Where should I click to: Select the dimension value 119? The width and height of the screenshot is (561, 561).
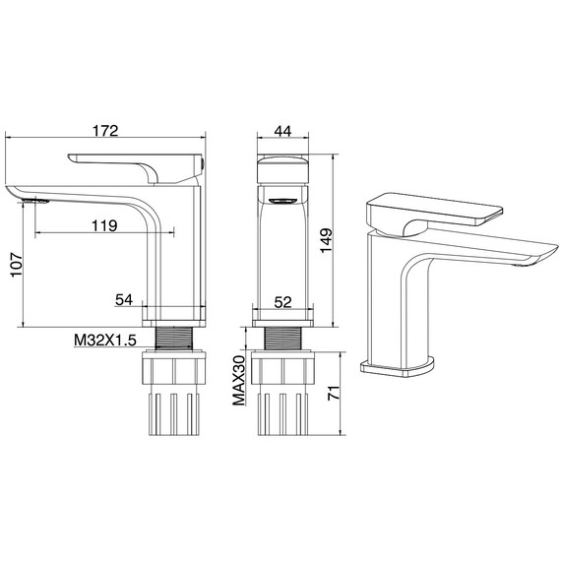click(102, 225)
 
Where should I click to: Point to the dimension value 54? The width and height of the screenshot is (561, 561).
click(126, 298)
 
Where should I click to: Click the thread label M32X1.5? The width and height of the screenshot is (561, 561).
click(106, 340)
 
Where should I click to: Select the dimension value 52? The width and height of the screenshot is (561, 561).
click(283, 302)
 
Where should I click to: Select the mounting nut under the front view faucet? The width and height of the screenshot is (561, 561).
click(283, 374)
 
